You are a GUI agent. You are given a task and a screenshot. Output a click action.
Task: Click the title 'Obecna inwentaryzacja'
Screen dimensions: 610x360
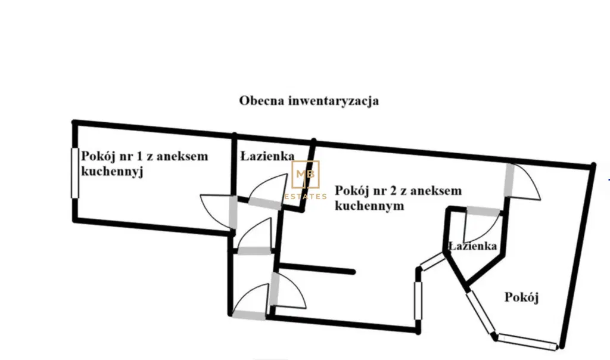(x=309, y=101)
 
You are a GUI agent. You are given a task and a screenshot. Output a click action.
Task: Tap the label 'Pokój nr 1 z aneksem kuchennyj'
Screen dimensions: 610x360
(x=144, y=164)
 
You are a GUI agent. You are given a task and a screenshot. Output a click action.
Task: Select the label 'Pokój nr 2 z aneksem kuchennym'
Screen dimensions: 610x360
(x=399, y=198)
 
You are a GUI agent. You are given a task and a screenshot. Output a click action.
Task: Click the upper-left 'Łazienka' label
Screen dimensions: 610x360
(x=267, y=156)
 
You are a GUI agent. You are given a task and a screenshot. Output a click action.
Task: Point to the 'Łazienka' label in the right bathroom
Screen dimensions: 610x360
(x=472, y=246)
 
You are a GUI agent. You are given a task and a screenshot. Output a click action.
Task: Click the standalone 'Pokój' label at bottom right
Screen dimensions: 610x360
(x=521, y=297)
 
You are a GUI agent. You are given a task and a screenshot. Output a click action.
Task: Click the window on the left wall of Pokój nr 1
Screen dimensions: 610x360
(x=74, y=173)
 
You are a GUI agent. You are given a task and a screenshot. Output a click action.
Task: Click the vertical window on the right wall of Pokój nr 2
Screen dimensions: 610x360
(x=418, y=300)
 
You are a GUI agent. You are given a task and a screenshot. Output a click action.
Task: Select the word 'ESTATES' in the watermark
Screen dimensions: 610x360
(x=306, y=197)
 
